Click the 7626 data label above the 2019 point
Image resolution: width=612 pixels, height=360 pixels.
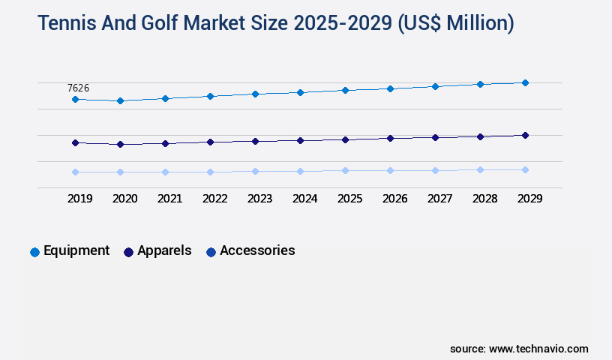[x=79, y=88]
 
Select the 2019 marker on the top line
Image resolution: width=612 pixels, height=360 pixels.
[x=75, y=99]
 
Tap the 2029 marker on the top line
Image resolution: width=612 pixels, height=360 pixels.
[x=525, y=82]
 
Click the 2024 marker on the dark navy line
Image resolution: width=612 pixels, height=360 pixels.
[x=300, y=140]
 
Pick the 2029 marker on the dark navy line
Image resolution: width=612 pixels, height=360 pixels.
[x=525, y=135]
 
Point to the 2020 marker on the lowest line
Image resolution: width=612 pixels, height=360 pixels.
[x=120, y=172]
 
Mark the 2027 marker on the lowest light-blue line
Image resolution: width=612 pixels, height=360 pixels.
[x=435, y=170]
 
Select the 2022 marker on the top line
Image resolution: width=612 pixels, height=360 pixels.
[x=210, y=96]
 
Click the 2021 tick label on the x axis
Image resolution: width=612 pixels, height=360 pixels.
[x=169, y=199]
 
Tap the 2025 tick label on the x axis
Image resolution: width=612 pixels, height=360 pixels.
[x=349, y=199]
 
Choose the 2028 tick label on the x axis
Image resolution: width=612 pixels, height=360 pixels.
[x=484, y=199]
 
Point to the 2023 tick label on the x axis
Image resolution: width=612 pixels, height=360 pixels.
[x=259, y=199]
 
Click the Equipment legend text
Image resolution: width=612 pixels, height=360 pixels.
[x=76, y=250]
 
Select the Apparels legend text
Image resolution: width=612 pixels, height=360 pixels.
[x=164, y=250]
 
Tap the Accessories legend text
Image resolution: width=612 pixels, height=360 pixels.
[x=257, y=250]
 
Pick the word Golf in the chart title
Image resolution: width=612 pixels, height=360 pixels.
[x=169, y=24]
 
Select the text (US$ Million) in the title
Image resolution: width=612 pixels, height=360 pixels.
[x=453, y=24]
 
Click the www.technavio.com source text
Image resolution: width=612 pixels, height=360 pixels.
[x=538, y=349]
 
